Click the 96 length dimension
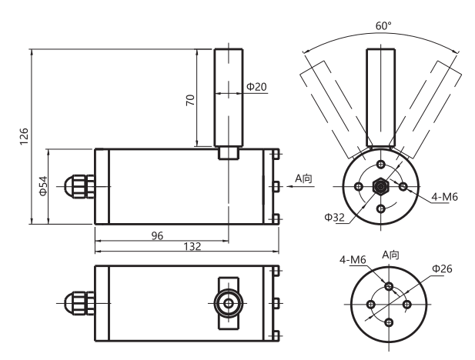pyautogui.click(x=156, y=235)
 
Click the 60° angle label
pyautogui.click(x=383, y=25)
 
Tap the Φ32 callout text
pyautogui.click(x=334, y=218)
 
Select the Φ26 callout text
pyautogui.click(x=441, y=268)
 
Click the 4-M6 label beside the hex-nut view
pyautogui.click(x=445, y=197)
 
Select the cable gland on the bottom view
pyautogui.click(x=77, y=304)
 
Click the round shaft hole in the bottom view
pyautogui.click(x=228, y=304)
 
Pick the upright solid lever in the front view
pyautogui.click(x=383, y=96)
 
